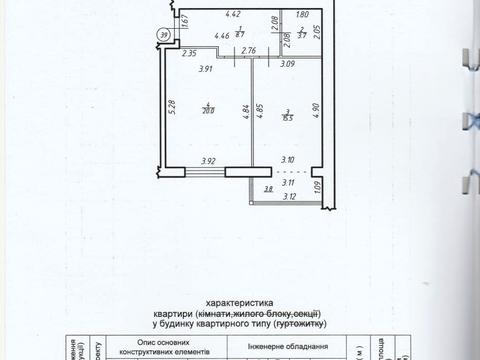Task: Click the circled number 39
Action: (163, 35)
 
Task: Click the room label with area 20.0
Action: (207, 110)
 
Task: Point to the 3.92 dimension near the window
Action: (208, 161)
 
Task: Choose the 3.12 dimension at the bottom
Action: (290, 197)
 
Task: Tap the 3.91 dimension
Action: (206, 69)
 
